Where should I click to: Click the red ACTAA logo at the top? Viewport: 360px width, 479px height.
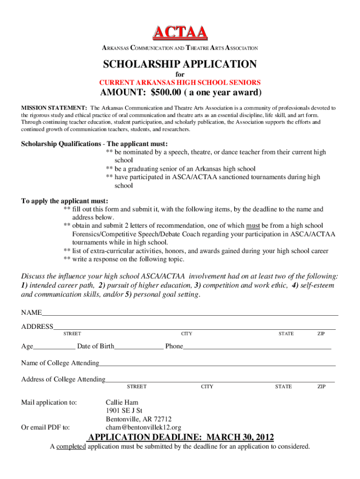180,32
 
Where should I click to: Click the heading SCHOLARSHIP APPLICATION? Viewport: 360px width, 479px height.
180,64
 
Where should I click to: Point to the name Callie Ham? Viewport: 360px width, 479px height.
122,402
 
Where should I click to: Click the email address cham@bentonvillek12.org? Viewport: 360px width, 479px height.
144,428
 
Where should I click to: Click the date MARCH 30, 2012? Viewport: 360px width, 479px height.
240,437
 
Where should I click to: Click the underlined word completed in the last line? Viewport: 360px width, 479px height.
71,447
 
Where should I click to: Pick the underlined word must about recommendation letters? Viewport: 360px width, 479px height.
253,225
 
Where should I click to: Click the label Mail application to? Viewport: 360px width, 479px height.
49,402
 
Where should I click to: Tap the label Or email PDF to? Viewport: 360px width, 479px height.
46,427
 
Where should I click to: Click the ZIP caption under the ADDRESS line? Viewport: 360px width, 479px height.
321,334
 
